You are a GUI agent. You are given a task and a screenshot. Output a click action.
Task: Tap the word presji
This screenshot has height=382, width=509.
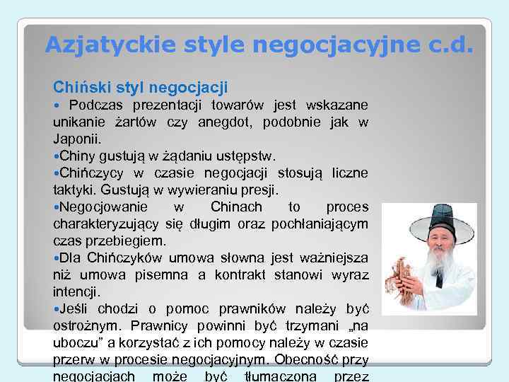click(258, 189)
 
